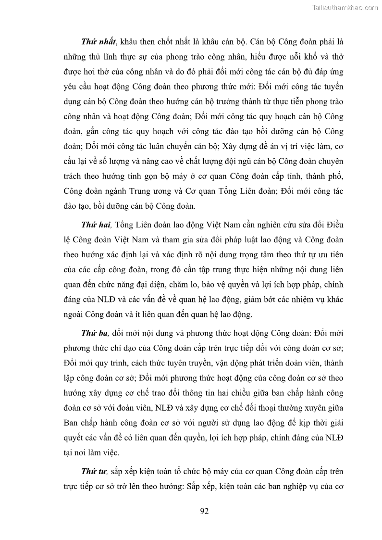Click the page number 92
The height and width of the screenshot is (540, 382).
(x=204, y=511)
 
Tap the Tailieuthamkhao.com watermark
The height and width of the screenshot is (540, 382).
(x=345, y=7)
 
